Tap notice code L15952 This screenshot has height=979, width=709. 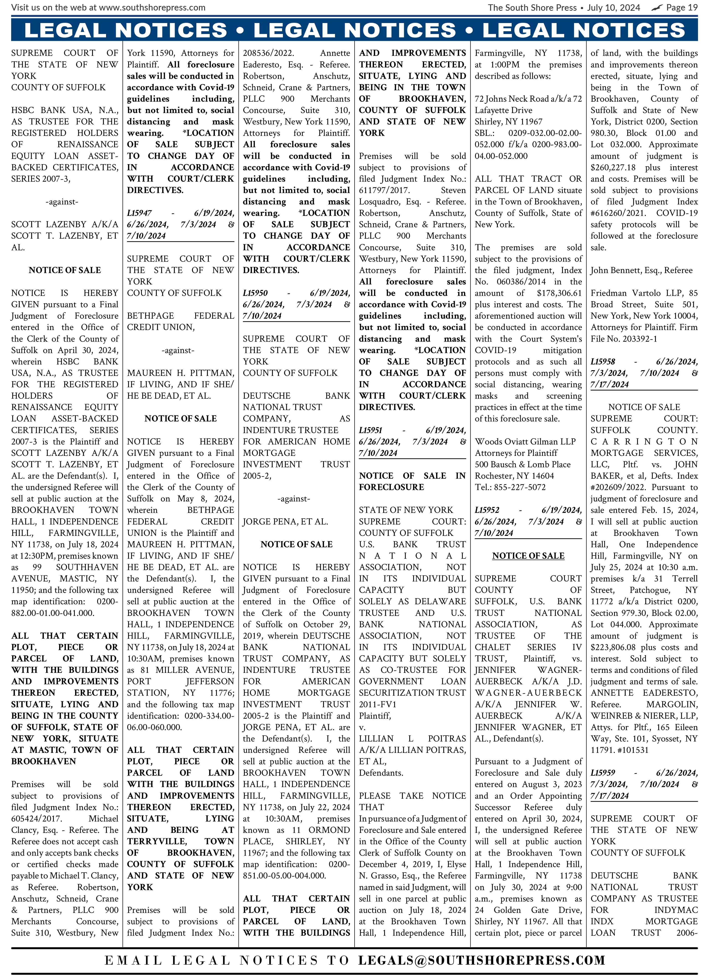pyautogui.click(x=487, y=510)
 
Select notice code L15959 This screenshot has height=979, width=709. pyautogui.click(x=603, y=773)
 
